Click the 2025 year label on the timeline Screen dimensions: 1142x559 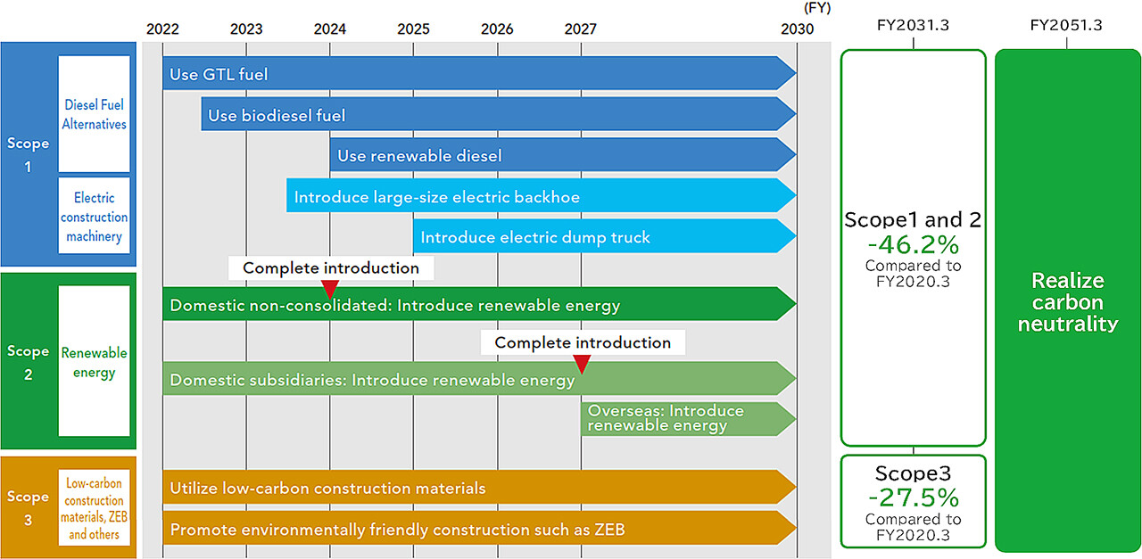point(413,29)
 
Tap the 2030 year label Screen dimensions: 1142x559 point(797,29)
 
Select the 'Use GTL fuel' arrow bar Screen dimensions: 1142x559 point(479,73)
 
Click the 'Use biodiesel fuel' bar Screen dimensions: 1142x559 point(499,114)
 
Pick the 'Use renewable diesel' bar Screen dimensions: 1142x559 point(563,155)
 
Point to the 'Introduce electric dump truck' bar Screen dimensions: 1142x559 point(605,236)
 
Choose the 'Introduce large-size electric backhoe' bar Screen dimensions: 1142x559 point(542,195)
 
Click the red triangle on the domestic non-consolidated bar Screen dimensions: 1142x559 point(330,289)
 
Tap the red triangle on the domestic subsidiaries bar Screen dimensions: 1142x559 point(582,364)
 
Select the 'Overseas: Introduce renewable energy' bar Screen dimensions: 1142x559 point(688,419)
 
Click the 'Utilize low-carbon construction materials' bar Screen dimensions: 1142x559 point(479,487)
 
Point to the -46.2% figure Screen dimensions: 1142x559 point(913,244)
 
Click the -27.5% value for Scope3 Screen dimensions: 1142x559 point(913,497)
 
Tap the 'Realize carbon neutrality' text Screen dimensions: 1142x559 point(1068,302)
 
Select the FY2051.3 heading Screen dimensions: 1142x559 point(1066,25)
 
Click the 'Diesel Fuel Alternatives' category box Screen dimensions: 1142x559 point(95,114)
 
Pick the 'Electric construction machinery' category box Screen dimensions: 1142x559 point(95,216)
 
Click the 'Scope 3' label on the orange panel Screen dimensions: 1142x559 point(28,508)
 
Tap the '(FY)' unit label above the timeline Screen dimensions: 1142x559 point(817,8)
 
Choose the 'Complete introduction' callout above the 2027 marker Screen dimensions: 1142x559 point(583,342)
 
